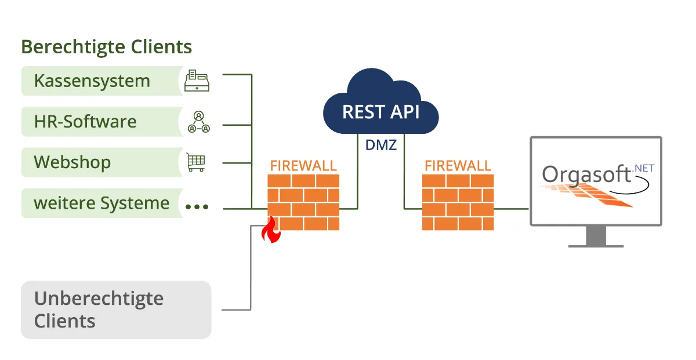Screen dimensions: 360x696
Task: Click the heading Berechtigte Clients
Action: pos(106,46)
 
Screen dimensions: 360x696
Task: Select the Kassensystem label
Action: pos(92,81)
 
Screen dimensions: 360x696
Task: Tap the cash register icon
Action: pos(197,81)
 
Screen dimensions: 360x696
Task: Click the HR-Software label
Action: pos(85,122)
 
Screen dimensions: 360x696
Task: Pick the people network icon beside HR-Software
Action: pos(198,122)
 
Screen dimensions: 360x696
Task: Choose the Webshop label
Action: pos(72,162)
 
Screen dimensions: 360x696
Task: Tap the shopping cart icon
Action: pos(196,162)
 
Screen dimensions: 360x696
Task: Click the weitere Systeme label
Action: pos(101,203)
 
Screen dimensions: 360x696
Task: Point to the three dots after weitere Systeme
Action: pos(197,206)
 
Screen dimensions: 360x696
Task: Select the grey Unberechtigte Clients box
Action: pos(116,310)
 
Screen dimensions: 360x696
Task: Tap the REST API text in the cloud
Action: pos(380,111)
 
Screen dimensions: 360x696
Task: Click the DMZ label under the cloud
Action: pos(380,145)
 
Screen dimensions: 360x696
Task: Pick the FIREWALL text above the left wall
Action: pos(303,165)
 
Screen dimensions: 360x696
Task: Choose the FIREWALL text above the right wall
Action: pos(458,165)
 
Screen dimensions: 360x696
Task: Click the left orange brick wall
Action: pos(303,202)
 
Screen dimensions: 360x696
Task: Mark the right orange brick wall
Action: pos(458,202)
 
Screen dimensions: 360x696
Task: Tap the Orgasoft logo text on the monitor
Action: pos(586,174)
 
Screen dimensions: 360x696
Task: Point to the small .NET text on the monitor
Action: pos(644,168)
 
